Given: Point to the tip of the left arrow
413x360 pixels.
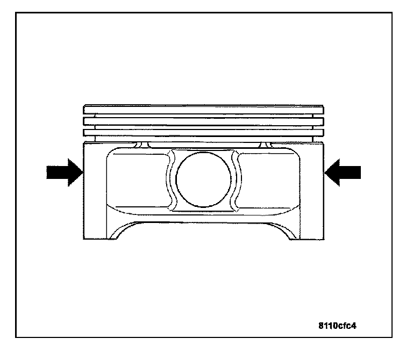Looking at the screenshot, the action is point(82,172).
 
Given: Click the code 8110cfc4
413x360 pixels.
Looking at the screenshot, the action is point(337,326).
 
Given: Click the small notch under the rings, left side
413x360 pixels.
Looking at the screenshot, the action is point(141,145).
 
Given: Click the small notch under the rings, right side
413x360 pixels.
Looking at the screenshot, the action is point(265,145).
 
